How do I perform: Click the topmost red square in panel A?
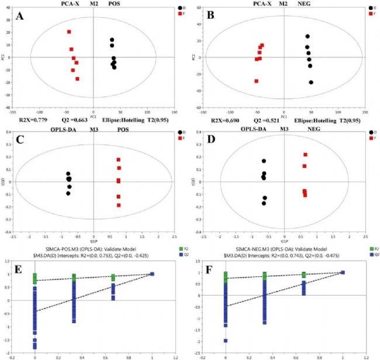pyautogui.click(x=69, y=32)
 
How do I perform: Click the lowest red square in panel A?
pyautogui.click(x=77, y=78)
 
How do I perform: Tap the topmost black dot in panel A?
pyautogui.click(x=112, y=40)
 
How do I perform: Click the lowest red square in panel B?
pyautogui.click(x=257, y=81)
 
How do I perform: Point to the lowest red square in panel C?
pyautogui.click(x=119, y=205)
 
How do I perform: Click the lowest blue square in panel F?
pyautogui.click(x=226, y=341)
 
